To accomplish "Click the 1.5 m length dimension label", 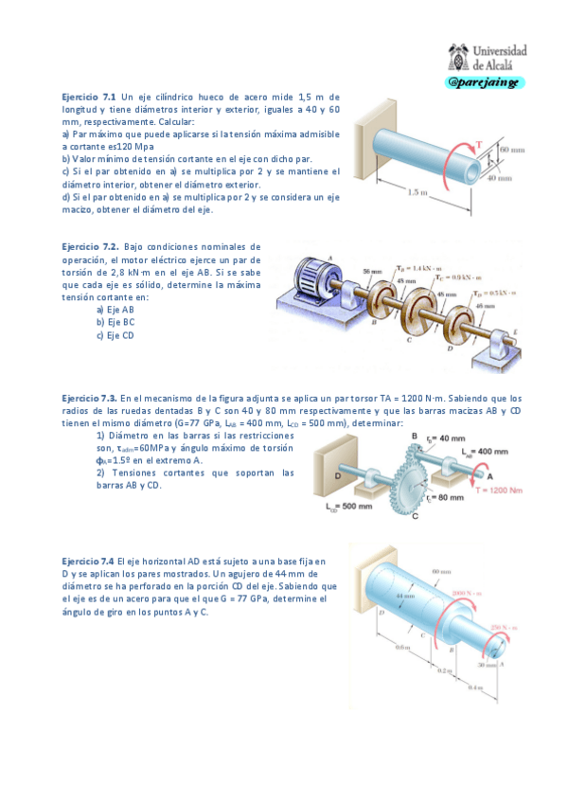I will pos(417,192).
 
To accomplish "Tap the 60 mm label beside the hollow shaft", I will pos(512,150).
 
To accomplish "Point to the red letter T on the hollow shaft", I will pos(479,144).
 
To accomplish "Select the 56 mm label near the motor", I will pos(371,270).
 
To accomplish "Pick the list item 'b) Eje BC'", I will pos(115,322).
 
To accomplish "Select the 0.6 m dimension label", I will pos(402,647).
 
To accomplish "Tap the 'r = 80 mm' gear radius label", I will pos(443,496).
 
